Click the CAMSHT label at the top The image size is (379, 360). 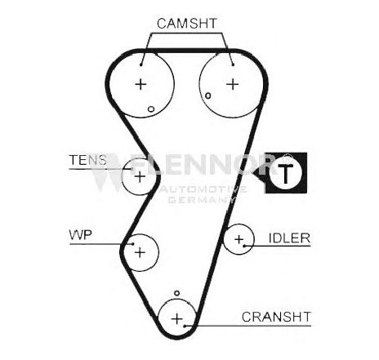pos(187,24)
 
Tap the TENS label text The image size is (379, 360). pos(88,160)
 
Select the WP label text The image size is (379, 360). pos(81,235)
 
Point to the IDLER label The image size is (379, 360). pos(289,238)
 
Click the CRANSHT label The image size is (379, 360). pos(276,317)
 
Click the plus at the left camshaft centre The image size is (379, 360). pos(140,84)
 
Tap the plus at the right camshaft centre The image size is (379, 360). pos(233,84)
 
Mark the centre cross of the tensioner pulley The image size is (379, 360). pos(140,177)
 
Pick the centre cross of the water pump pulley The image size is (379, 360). pos(140,252)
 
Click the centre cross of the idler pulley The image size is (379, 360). pos(239,239)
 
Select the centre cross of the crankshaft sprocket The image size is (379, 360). pos(177,318)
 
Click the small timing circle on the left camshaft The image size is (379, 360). pos(151,109)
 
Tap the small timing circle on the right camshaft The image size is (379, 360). pos(208,96)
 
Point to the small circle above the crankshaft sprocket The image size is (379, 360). pos(177,293)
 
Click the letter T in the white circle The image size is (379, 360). pos(286,174)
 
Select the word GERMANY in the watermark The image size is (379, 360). pos(201,200)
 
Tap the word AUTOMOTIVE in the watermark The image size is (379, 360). pos(203,189)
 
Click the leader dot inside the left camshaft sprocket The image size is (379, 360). pos(140,64)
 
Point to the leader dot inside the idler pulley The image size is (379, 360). pos(244,246)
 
